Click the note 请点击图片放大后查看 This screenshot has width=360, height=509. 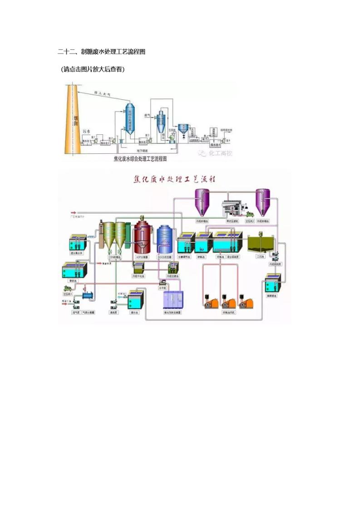click(x=93, y=69)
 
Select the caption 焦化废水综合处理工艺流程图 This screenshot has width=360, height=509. click(x=140, y=159)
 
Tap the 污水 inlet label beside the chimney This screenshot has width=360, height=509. click(x=87, y=131)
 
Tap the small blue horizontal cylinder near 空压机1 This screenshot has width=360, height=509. click(x=88, y=296)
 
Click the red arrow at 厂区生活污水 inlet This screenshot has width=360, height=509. click(x=74, y=212)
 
